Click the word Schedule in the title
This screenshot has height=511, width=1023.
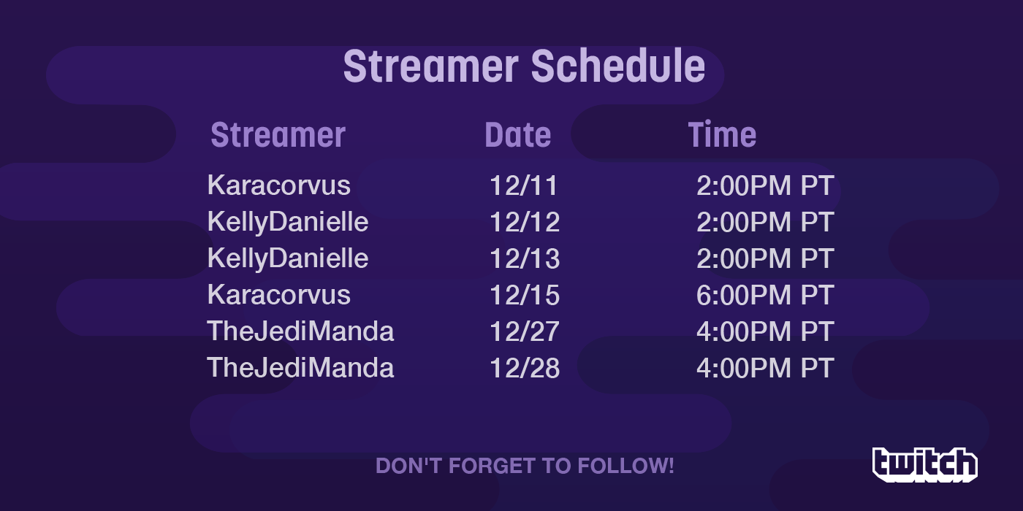618,66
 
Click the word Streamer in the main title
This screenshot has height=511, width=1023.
430,67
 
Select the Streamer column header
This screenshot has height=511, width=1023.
278,135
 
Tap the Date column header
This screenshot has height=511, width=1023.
517,135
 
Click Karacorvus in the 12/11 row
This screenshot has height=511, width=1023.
279,185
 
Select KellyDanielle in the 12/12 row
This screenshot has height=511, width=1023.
288,223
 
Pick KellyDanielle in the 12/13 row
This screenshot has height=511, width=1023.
288,259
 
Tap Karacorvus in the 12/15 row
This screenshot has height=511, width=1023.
279,295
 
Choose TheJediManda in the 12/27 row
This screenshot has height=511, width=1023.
300,331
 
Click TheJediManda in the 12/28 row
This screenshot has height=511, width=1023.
300,368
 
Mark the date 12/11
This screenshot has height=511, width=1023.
523,185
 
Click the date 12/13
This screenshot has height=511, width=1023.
525,258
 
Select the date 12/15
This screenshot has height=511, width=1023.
525,295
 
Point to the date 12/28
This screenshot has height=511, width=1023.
525,368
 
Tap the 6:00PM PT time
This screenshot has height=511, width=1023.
766,295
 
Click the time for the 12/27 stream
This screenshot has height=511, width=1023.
766,331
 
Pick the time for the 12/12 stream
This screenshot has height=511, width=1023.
766,222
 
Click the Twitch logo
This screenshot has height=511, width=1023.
925,464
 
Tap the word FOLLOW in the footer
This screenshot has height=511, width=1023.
625,466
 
